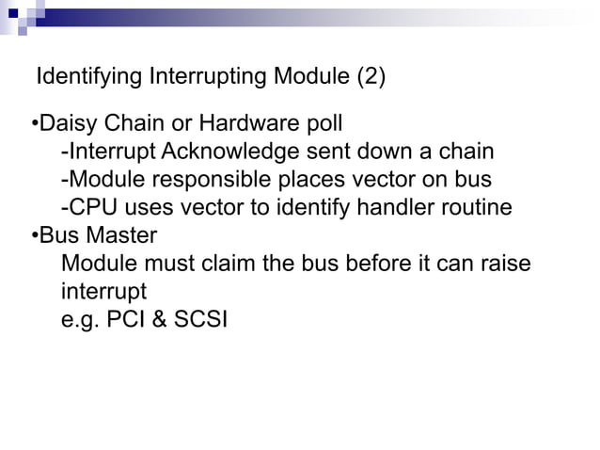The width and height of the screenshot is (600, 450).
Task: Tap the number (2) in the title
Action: click(369, 77)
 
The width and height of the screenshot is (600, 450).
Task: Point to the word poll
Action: click(321, 124)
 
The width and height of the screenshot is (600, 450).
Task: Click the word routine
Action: click(478, 206)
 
